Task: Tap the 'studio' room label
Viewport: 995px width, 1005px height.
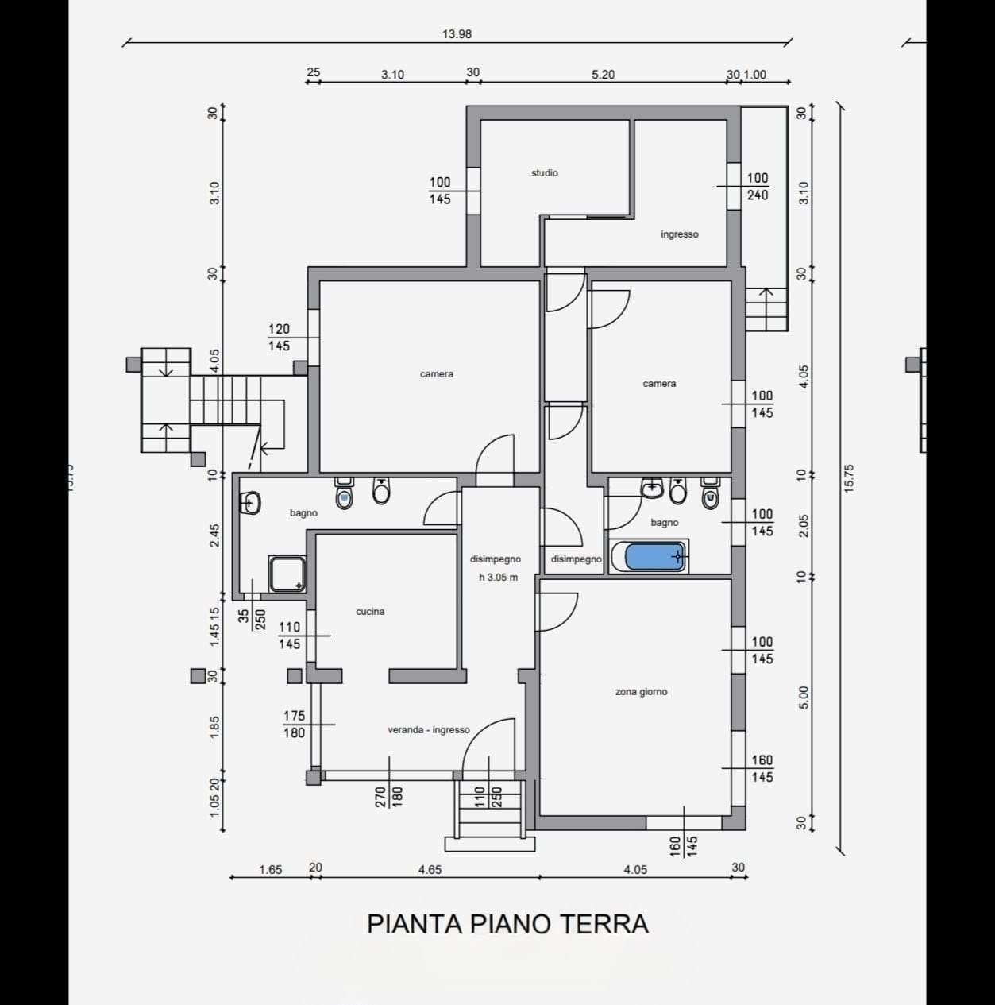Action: (x=545, y=173)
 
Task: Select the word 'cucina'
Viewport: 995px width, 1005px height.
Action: (x=370, y=611)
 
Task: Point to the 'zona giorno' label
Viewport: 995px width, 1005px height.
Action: (x=641, y=692)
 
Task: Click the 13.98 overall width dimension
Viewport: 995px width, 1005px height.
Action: (x=457, y=34)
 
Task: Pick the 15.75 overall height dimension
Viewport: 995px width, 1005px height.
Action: (x=849, y=479)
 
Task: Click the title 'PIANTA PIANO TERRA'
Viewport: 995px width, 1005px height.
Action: (x=508, y=924)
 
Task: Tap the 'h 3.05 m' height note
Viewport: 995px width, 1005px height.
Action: (x=499, y=578)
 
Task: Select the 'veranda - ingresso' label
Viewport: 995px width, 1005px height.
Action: (x=429, y=730)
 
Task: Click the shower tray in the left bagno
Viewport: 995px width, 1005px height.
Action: (x=287, y=574)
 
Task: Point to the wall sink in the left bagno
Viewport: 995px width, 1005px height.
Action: (x=251, y=503)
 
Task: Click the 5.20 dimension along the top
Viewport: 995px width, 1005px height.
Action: (x=603, y=75)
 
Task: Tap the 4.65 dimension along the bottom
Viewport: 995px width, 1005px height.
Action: (x=430, y=870)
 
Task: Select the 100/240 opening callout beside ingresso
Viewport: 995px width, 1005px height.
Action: (x=758, y=186)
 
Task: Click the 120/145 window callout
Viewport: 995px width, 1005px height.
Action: (x=279, y=338)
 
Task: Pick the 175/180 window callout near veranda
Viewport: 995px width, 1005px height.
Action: (x=294, y=725)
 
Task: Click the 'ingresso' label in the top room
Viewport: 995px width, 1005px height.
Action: (x=680, y=234)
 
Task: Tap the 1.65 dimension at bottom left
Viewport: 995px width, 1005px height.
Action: (x=270, y=870)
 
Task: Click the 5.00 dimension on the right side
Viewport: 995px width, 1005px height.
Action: (x=804, y=698)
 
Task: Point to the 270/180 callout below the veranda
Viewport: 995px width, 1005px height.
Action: (x=388, y=796)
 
